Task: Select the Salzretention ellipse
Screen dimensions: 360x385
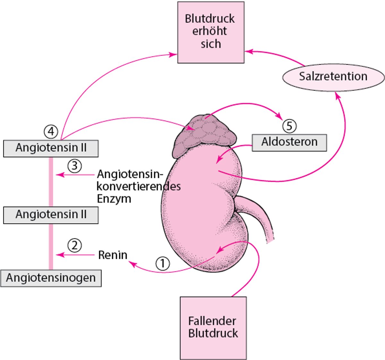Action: pyautogui.click(x=333, y=77)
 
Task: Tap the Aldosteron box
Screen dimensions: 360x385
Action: pyautogui.click(x=289, y=142)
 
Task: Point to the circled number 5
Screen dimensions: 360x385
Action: pyautogui.click(x=289, y=126)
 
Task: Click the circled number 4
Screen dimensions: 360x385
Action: pyautogui.click(x=51, y=131)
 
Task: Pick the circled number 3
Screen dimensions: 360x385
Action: pyautogui.click(x=74, y=166)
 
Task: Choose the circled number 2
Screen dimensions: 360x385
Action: pyautogui.click(x=74, y=246)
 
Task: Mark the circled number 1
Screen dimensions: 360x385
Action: pyautogui.click(x=162, y=264)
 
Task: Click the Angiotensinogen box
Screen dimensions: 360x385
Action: pyautogui.click(x=51, y=278)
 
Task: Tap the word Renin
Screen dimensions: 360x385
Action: pyautogui.click(x=113, y=255)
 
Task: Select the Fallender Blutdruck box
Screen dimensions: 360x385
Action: pyautogui.click(x=213, y=328)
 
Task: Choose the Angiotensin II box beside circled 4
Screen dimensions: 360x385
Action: pyautogui.click(x=51, y=148)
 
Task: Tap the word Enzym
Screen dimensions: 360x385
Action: pyautogui.click(x=114, y=199)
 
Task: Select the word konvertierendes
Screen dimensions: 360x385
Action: pyautogui.click(x=139, y=187)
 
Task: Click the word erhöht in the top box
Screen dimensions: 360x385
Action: pyautogui.click(x=210, y=31)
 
